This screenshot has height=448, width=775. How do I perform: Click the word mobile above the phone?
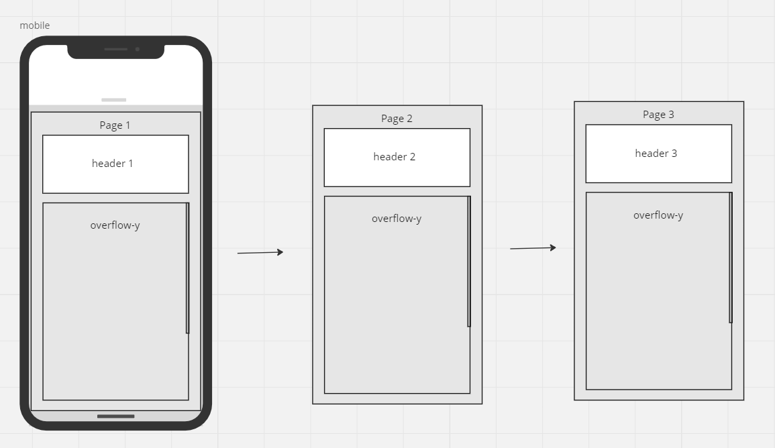(x=35, y=25)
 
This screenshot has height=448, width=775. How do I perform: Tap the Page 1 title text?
(x=115, y=125)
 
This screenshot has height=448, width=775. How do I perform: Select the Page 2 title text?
(x=397, y=119)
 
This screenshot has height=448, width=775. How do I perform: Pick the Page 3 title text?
(x=658, y=115)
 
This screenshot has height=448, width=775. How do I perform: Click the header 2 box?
(x=397, y=158)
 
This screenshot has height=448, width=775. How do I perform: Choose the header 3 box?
(x=658, y=154)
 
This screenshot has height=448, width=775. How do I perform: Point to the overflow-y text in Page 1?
(x=115, y=225)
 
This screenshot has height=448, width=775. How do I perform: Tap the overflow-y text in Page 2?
(x=397, y=219)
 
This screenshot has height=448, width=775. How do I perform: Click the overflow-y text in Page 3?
(x=658, y=215)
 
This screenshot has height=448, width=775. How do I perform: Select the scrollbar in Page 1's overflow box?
(x=188, y=268)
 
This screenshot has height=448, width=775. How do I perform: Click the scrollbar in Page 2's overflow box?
(x=469, y=262)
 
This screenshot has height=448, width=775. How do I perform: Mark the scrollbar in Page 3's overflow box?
(x=731, y=258)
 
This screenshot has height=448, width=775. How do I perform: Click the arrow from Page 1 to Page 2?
(x=260, y=253)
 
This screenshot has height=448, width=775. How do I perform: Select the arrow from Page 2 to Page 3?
(x=533, y=248)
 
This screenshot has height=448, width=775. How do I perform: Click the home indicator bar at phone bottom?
(x=115, y=416)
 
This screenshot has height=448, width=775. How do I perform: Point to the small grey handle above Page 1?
(x=114, y=100)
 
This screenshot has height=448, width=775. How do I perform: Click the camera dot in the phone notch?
(x=138, y=49)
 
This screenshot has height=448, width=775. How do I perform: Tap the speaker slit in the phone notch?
(x=115, y=49)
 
